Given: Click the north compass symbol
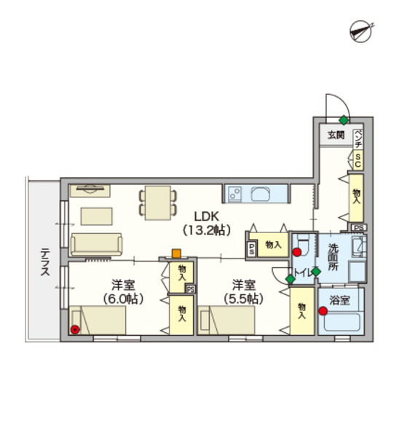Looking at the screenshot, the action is point(361,31).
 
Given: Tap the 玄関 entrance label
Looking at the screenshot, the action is point(336,135).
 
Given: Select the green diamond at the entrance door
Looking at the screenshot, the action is point(344,120).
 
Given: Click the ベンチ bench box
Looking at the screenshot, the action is point(358,139).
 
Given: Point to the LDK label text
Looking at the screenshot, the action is point(207,216).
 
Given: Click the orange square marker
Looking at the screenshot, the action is point(176,253).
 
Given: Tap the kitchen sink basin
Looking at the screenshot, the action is point(261,194).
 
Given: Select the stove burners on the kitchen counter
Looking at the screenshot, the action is point(234,194).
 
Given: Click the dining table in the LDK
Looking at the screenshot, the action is point(158,203).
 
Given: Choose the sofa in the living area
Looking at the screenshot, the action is point(96,244).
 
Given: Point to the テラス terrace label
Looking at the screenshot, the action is point(45,262).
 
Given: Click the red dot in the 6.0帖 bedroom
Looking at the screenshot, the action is point(75,330).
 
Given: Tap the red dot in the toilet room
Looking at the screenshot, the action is point(297,253).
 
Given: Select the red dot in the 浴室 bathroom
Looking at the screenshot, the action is point(323,311).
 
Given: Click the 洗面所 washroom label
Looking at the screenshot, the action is point(333,257).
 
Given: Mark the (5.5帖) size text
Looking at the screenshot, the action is point(243,299).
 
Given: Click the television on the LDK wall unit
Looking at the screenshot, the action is point(90,189).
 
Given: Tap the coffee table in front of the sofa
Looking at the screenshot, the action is point(97,216).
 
